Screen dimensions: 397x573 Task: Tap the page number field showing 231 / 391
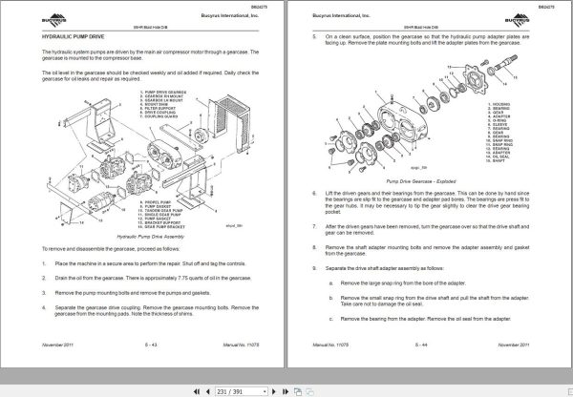(x=230, y=388)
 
